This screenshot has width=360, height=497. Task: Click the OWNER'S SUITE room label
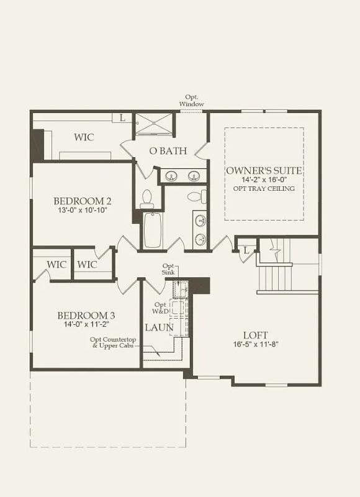coord(264,170)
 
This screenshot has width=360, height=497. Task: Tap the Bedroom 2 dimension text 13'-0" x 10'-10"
coord(82,209)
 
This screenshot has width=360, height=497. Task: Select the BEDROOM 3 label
coord(86,316)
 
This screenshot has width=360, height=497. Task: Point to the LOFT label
coord(256,335)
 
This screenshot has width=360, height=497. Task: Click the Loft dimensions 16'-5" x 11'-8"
coord(256,344)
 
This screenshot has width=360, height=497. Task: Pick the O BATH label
coord(168,151)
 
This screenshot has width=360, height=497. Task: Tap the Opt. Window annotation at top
coord(192,101)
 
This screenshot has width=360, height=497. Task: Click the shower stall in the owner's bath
coord(154,123)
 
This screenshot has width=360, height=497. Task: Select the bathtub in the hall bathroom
coord(153,230)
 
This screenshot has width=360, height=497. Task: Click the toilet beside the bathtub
coord(146,199)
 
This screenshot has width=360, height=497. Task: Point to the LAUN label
coord(160,328)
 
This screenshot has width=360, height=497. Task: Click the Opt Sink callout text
coord(168,269)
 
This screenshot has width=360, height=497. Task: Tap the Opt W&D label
coord(160,308)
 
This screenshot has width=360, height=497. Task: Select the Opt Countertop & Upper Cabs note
coord(113,343)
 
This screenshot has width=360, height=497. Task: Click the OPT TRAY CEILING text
coord(264,188)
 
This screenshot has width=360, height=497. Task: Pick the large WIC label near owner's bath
coord(84,137)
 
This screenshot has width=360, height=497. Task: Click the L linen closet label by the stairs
coord(246,250)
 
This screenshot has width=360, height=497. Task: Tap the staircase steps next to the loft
coord(275,278)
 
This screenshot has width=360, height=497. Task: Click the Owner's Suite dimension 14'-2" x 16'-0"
coord(264,180)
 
